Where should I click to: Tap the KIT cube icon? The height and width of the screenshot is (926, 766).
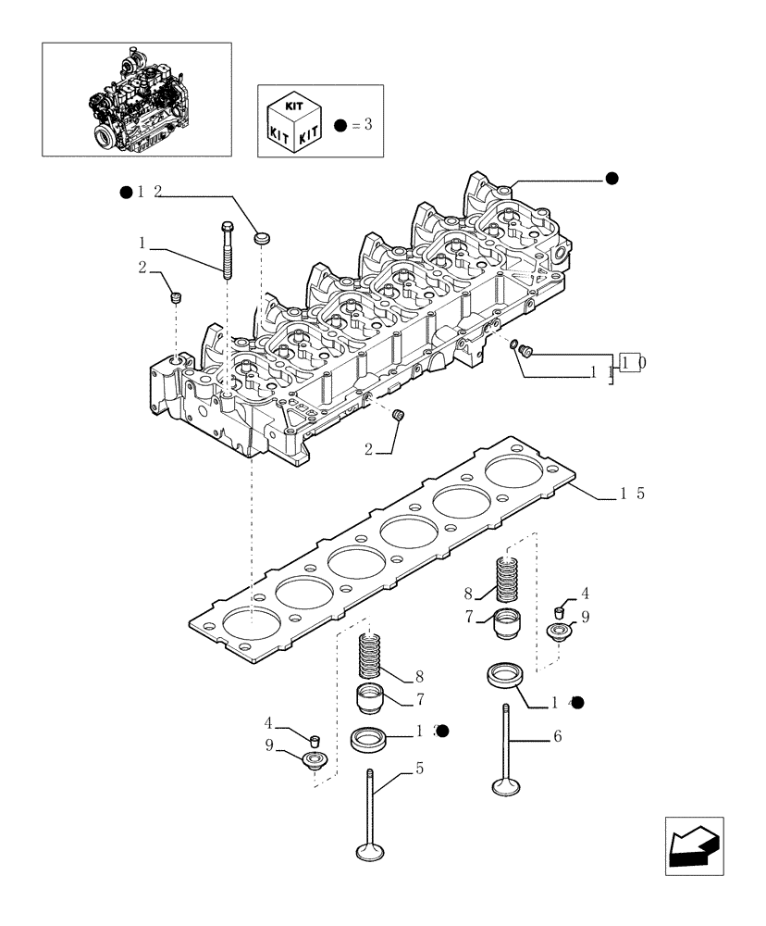click(x=293, y=120)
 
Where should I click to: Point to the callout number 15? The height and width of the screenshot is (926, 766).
click(x=632, y=494)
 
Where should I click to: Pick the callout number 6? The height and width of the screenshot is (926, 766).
click(x=557, y=736)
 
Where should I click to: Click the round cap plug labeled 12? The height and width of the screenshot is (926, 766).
click(x=262, y=239)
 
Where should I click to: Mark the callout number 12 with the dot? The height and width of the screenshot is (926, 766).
click(x=148, y=192)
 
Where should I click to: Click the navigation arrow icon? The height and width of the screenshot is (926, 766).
click(x=693, y=845)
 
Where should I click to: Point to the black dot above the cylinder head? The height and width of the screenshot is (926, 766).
click(x=611, y=179)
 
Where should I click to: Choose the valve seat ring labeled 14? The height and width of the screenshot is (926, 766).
click(x=506, y=675)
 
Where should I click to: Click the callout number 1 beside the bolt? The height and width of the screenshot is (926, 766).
click(x=142, y=243)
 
